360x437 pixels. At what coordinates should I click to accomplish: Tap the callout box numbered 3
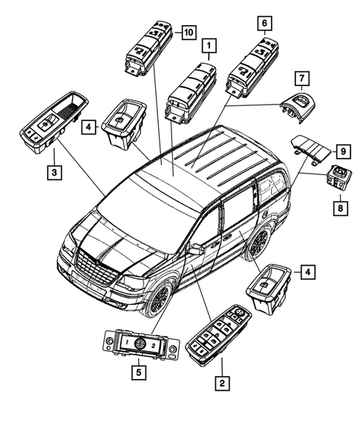53,173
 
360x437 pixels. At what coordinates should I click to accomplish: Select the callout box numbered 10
187,32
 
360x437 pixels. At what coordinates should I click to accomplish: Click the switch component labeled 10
151,46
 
